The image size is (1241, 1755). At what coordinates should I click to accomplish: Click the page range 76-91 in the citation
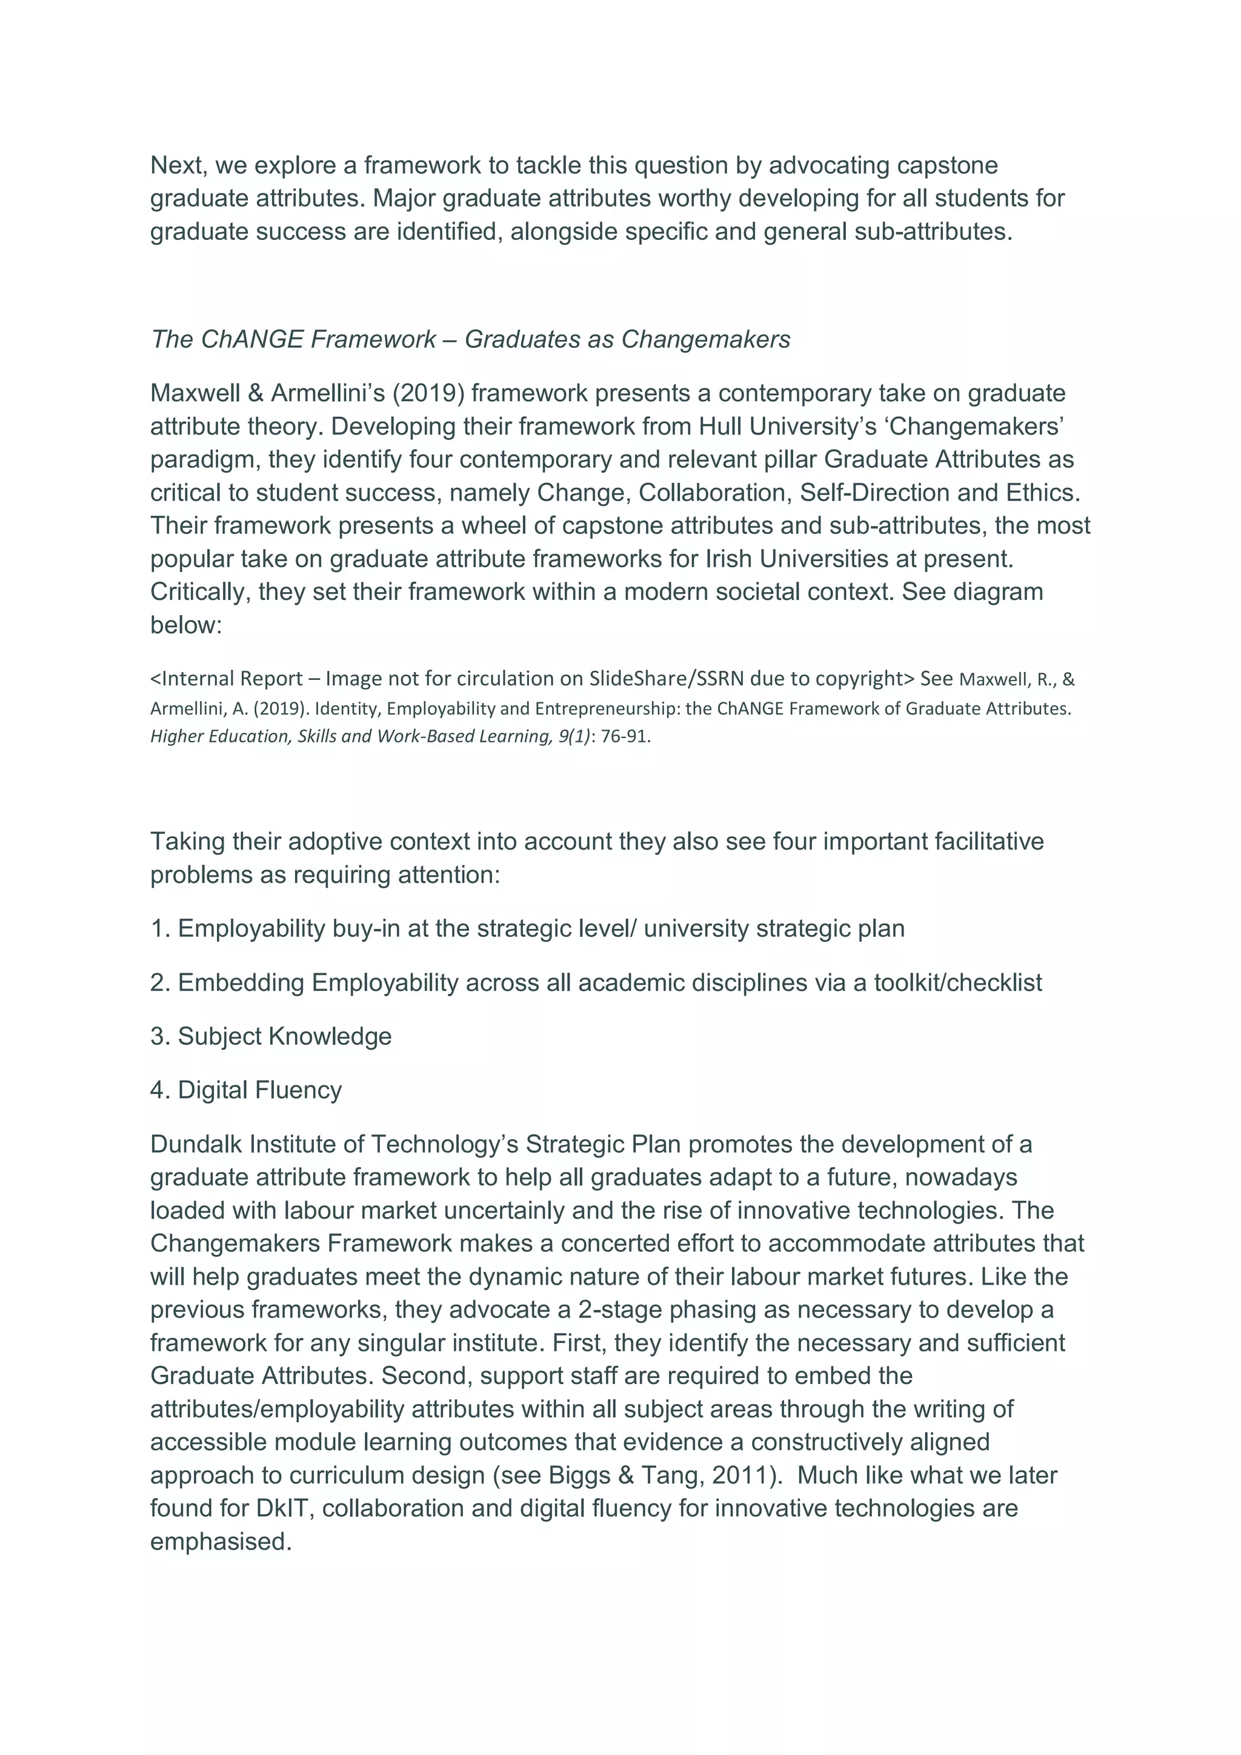[x=625, y=737]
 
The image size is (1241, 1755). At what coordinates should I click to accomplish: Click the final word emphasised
[x=220, y=1542]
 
